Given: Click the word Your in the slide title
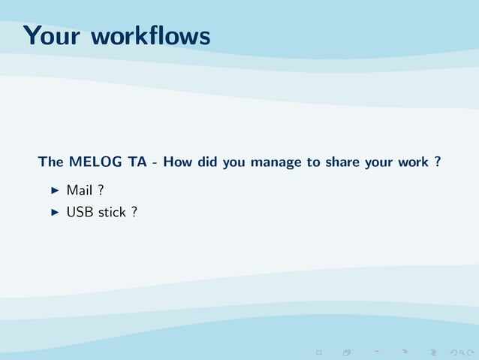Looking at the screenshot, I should click(x=50, y=35).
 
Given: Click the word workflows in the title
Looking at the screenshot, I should click(x=149, y=35).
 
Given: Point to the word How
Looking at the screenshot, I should click(x=179, y=162).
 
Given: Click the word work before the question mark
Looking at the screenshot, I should click(x=411, y=162).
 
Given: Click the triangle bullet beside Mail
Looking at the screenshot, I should click(x=54, y=191).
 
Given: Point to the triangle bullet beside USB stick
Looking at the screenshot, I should click(x=54, y=213).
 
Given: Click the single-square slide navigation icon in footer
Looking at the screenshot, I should click(x=318, y=351).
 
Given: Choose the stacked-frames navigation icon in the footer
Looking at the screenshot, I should click(x=347, y=351).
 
